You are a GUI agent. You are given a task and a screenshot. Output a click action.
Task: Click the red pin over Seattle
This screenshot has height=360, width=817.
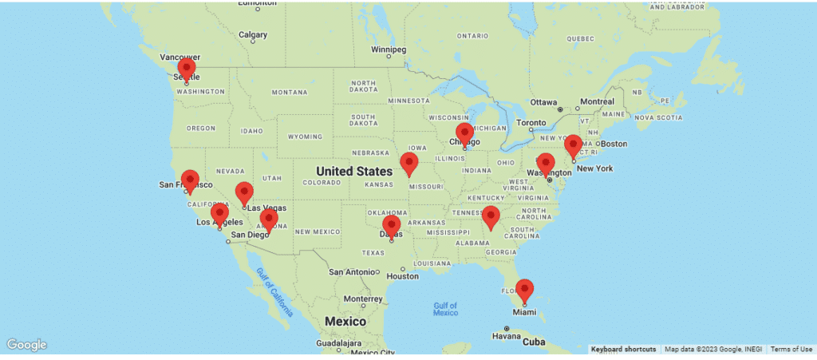(x=186, y=69)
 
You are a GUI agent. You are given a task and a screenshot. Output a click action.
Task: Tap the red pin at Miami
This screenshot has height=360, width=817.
(x=524, y=291)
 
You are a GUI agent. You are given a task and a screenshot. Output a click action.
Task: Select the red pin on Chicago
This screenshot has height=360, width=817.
(x=464, y=135)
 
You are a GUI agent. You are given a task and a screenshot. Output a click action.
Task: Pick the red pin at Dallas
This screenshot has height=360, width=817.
(x=391, y=227)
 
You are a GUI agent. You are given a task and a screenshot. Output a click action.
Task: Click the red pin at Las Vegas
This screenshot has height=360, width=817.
(x=244, y=193)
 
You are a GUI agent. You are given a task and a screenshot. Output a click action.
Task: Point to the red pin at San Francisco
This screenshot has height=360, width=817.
(x=190, y=181)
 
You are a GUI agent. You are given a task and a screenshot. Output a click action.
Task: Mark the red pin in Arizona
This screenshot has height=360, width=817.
(x=269, y=220)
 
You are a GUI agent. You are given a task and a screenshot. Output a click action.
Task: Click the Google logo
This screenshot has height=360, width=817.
(x=27, y=345)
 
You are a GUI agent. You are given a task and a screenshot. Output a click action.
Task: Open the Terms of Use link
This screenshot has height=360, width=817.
(x=791, y=350)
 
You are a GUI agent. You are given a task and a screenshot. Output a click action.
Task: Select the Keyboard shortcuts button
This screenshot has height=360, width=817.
(x=624, y=350)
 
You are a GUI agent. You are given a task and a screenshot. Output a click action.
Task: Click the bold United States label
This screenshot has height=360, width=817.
(x=353, y=171)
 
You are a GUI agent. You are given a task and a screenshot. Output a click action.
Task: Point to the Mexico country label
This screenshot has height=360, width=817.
(x=345, y=321)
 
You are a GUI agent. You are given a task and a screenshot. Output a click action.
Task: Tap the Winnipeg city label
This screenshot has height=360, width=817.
(x=389, y=49)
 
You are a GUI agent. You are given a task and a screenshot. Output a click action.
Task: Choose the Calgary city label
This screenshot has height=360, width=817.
(x=253, y=34)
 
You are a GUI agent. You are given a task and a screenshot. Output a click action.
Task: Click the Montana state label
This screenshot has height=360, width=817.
(x=289, y=92)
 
